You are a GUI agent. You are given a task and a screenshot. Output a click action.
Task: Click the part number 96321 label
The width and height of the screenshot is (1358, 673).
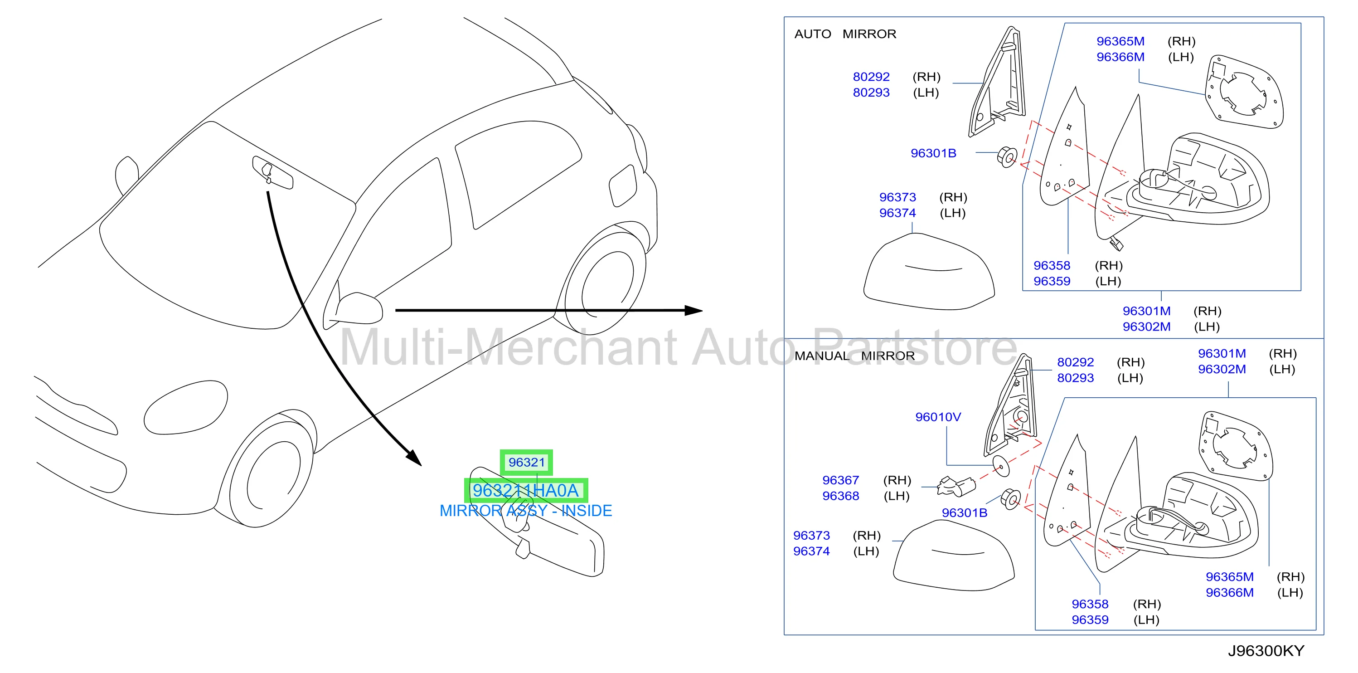click(526, 463)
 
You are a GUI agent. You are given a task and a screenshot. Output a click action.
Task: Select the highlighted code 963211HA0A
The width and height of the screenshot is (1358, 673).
click(526, 491)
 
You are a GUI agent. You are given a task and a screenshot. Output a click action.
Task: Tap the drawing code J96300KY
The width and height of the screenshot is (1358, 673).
click(1266, 651)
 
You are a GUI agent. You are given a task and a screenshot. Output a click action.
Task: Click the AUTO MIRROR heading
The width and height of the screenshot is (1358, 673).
click(845, 34)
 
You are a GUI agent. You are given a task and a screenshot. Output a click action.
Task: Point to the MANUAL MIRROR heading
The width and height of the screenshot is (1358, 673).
click(854, 356)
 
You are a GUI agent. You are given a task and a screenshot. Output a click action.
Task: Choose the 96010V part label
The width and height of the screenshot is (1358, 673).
click(938, 417)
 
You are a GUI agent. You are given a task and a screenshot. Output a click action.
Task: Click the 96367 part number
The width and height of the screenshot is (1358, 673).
click(840, 481)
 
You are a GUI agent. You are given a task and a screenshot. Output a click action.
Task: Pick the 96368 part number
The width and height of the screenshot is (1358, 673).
click(840, 496)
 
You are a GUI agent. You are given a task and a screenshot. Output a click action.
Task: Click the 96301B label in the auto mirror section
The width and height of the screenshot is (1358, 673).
click(933, 153)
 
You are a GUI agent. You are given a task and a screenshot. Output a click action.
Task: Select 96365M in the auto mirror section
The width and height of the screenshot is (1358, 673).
click(1120, 41)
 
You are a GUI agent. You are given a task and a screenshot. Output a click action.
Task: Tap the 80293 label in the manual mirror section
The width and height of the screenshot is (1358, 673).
click(1076, 378)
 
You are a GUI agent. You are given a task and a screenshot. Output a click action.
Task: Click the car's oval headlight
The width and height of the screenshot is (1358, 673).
click(185, 407)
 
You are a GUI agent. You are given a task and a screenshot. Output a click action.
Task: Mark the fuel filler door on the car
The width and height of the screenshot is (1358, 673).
click(623, 185)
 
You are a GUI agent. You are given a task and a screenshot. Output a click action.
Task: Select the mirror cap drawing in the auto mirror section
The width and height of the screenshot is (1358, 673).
click(929, 272)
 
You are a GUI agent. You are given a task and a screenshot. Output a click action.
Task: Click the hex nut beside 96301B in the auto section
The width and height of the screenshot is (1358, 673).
click(1007, 156)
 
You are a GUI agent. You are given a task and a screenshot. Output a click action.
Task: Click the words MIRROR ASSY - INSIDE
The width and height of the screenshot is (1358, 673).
click(526, 511)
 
